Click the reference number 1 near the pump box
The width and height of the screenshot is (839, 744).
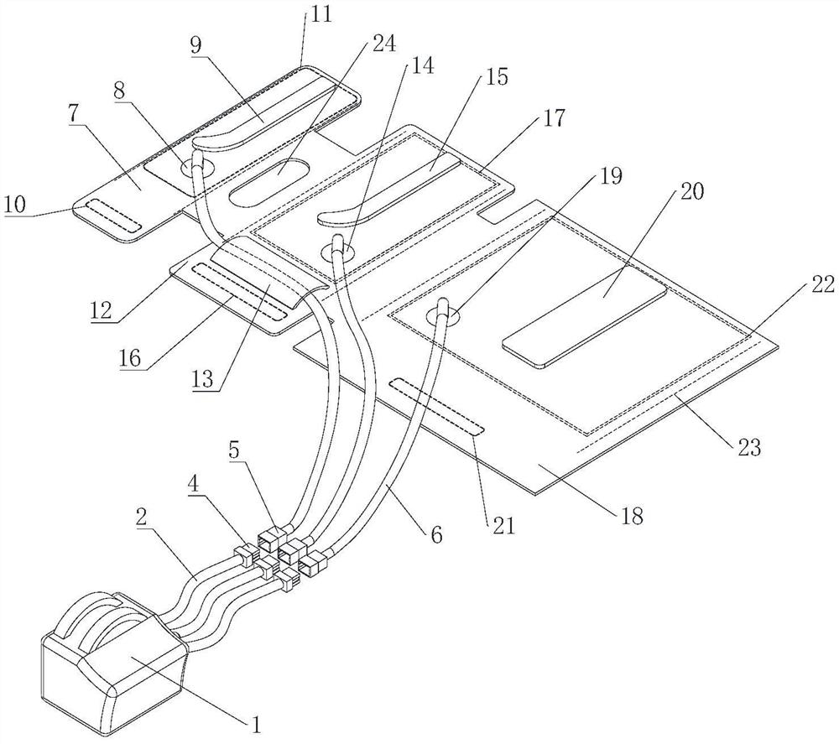[257, 725]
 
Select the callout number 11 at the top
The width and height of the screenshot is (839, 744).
[320, 14]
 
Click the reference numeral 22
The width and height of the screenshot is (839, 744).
[822, 284]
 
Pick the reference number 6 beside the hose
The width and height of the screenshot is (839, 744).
[437, 533]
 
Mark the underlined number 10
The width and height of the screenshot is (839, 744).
[16, 205]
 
